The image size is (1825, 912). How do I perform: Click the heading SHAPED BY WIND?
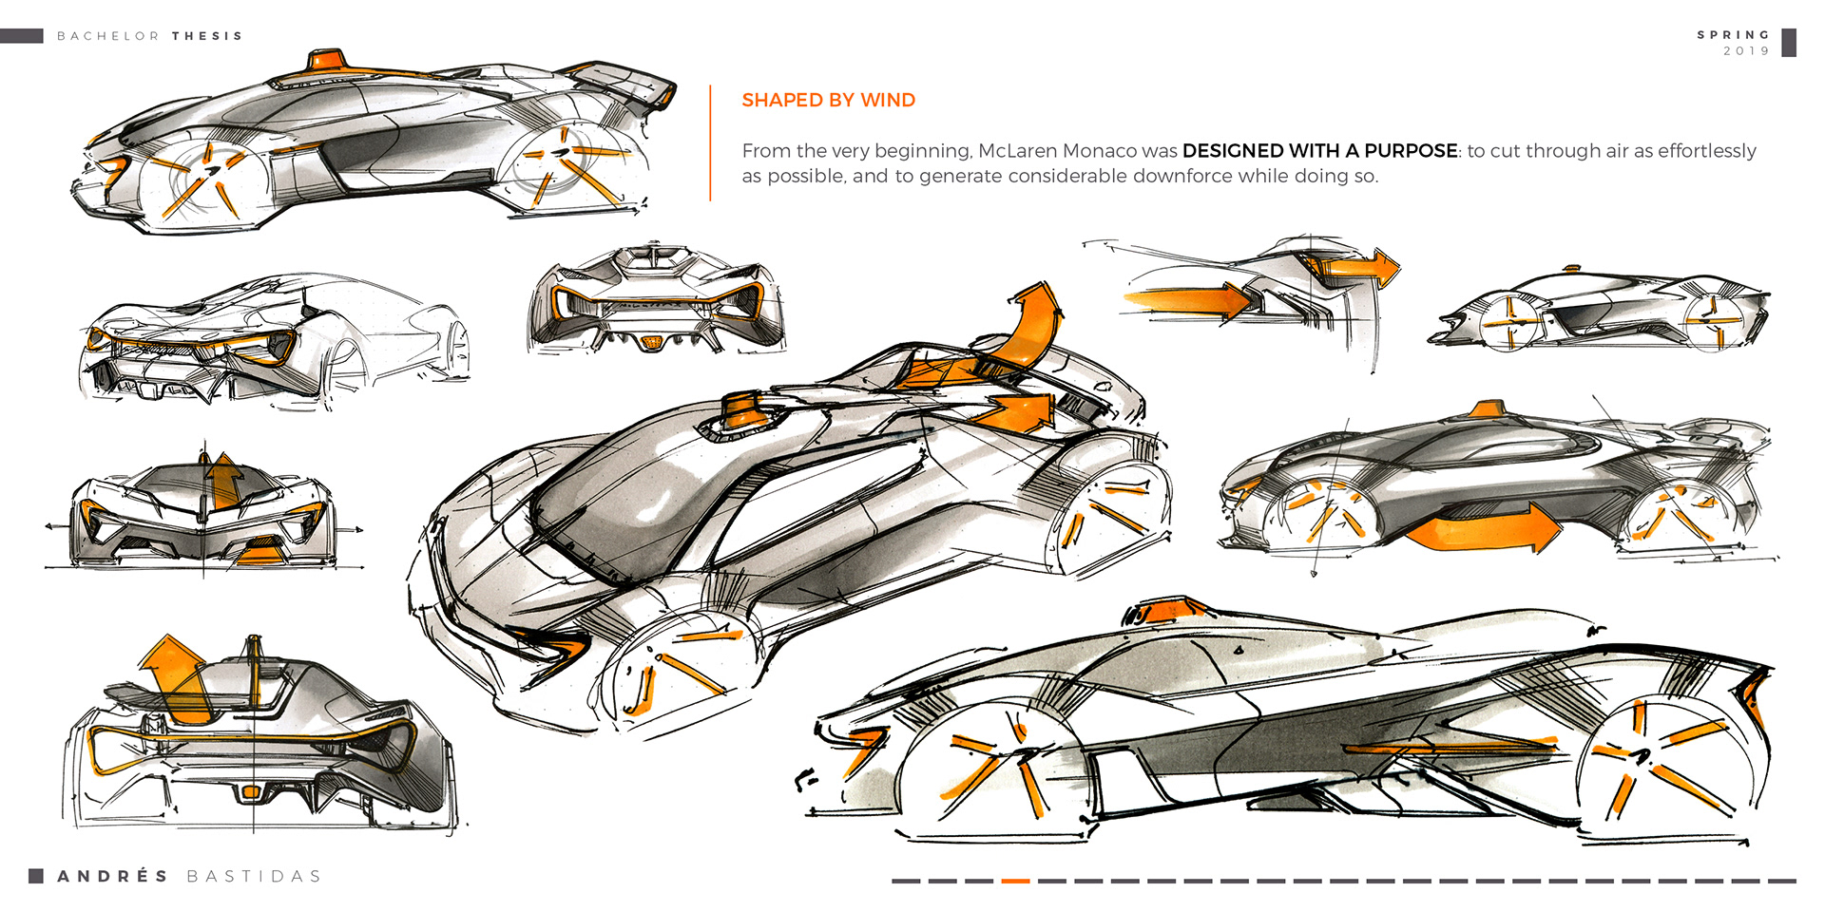pyautogui.click(x=828, y=100)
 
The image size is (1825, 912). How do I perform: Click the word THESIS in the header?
pyautogui.click(x=207, y=36)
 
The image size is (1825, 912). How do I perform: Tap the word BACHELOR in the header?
pyautogui.click(x=108, y=36)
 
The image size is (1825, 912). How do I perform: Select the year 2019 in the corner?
pyautogui.click(x=1746, y=51)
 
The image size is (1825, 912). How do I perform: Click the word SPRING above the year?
pyautogui.click(x=1734, y=34)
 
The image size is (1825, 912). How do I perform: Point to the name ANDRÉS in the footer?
pyautogui.click(x=113, y=876)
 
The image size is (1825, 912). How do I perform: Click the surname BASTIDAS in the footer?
pyautogui.click(x=254, y=876)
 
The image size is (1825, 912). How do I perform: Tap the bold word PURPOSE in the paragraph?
pyautogui.click(x=1411, y=150)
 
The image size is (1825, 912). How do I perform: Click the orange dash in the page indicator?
pyautogui.click(x=1015, y=881)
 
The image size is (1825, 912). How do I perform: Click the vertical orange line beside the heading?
pyautogui.click(x=710, y=142)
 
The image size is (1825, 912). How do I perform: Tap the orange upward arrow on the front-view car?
pyautogui.click(x=224, y=480)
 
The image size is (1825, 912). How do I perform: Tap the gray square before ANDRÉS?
pyautogui.click(x=36, y=876)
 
